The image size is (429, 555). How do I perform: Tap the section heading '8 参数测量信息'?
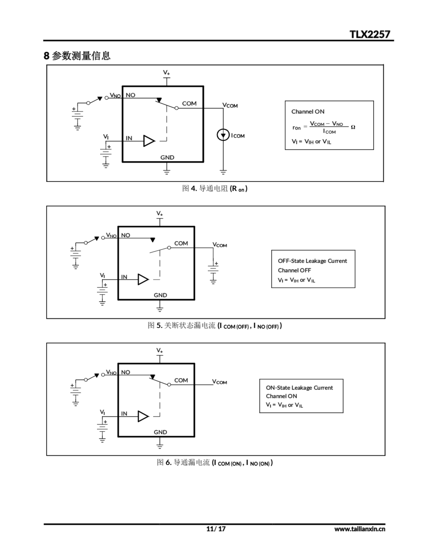[x=77, y=56]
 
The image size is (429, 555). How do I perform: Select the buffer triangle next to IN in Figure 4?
[x=149, y=141]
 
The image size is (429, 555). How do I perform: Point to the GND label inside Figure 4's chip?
[x=167, y=158]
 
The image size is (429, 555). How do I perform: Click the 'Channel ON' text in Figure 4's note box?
[x=308, y=112]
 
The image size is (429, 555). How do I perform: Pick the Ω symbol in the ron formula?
[x=353, y=127]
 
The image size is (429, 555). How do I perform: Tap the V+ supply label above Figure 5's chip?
[x=159, y=214]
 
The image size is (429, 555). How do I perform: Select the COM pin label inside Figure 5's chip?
[x=181, y=243]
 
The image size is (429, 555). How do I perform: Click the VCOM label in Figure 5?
[x=220, y=245]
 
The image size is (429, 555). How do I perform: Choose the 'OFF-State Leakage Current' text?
[x=312, y=261]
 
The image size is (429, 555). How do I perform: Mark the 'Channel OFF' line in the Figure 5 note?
[x=294, y=270]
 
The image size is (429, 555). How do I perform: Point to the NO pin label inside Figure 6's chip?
[x=126, y=372]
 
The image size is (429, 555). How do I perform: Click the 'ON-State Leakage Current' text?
[x=299, y=388]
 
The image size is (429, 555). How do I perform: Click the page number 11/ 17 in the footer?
[x=216, y=529]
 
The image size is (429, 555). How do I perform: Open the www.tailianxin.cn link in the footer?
[x=360, y=529]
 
